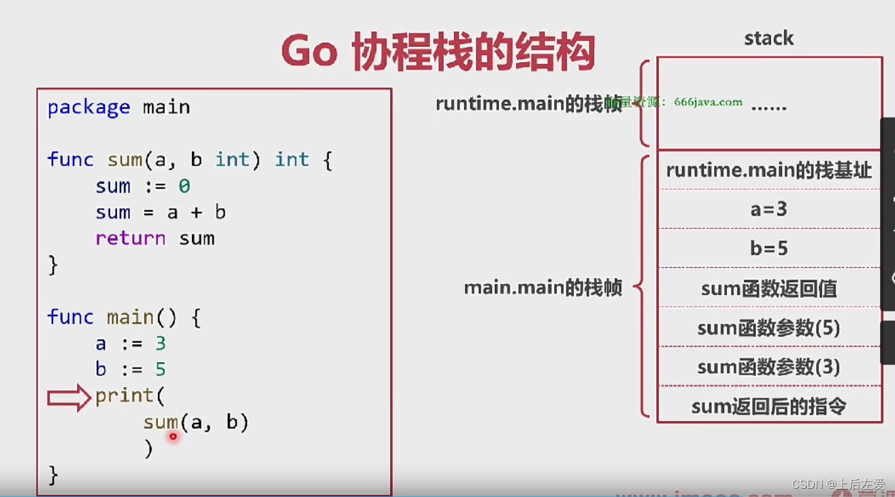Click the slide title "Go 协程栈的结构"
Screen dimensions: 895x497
pos(438,52)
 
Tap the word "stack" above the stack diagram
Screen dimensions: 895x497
pos(768,38)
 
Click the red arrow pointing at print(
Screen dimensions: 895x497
pos(69,398)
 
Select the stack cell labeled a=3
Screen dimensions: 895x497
pos(768,209)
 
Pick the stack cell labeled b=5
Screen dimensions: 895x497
pos(768,249)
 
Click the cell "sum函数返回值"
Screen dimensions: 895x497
pos(768,289)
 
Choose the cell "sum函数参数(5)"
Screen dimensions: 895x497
pos(768,328)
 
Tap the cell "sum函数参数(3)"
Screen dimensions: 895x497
pos(768,367)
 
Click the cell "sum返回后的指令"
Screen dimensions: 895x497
pos(768,407)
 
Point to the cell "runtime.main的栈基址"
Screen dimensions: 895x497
pos(768,170)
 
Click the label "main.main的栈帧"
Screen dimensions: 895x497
pos(542,288)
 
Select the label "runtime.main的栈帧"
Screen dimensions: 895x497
pos(528,104)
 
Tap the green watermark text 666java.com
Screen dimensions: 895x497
pos(708,102)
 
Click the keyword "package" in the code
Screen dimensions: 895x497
pos(88,107)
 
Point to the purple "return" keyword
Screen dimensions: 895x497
pos(130,239)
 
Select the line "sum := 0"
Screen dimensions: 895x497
pos(142,186)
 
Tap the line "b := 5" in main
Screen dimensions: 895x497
pos(130,369)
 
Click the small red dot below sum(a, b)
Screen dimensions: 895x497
pos(173,436)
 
